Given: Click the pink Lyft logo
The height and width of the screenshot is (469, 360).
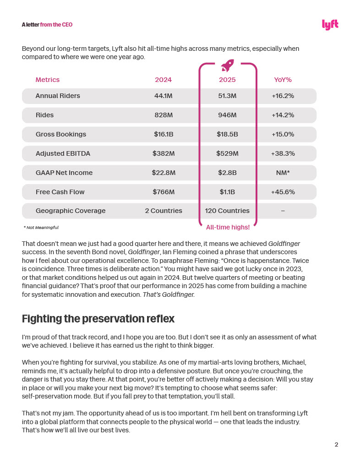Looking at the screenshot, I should point(330,25).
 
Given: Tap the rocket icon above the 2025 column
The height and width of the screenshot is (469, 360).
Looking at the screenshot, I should point(227,65).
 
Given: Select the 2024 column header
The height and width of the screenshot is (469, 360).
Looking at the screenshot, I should point(163,80).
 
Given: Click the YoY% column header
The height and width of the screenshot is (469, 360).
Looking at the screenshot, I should point(283,80).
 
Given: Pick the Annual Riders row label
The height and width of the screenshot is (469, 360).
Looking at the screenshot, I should point(58,96).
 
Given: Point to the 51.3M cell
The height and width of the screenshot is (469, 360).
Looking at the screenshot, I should point(227,96).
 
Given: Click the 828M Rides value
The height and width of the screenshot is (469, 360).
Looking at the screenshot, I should point(163,115).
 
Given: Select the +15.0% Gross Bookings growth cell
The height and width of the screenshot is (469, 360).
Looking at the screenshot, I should point(283,134).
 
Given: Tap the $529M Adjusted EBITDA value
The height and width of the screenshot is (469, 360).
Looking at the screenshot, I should point(227,153).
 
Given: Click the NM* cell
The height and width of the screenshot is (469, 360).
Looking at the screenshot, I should point(283,173).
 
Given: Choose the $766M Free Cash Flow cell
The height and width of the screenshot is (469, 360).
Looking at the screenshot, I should point(163,192).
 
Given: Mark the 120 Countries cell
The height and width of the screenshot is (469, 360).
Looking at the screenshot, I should point(227,211).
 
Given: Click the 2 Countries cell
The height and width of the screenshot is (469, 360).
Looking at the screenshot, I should point(163,211).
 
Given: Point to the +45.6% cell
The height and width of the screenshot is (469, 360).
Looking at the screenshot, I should point(283,192).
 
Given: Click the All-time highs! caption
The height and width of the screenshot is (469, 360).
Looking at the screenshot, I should point(228,227).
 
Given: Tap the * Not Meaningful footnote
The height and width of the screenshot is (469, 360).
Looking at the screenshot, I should point(41,227).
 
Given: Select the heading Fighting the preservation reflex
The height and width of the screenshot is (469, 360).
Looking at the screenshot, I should point(98,318).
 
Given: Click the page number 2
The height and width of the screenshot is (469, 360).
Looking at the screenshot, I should point(336,444).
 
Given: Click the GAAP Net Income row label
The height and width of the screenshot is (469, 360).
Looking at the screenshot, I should point(64,173).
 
